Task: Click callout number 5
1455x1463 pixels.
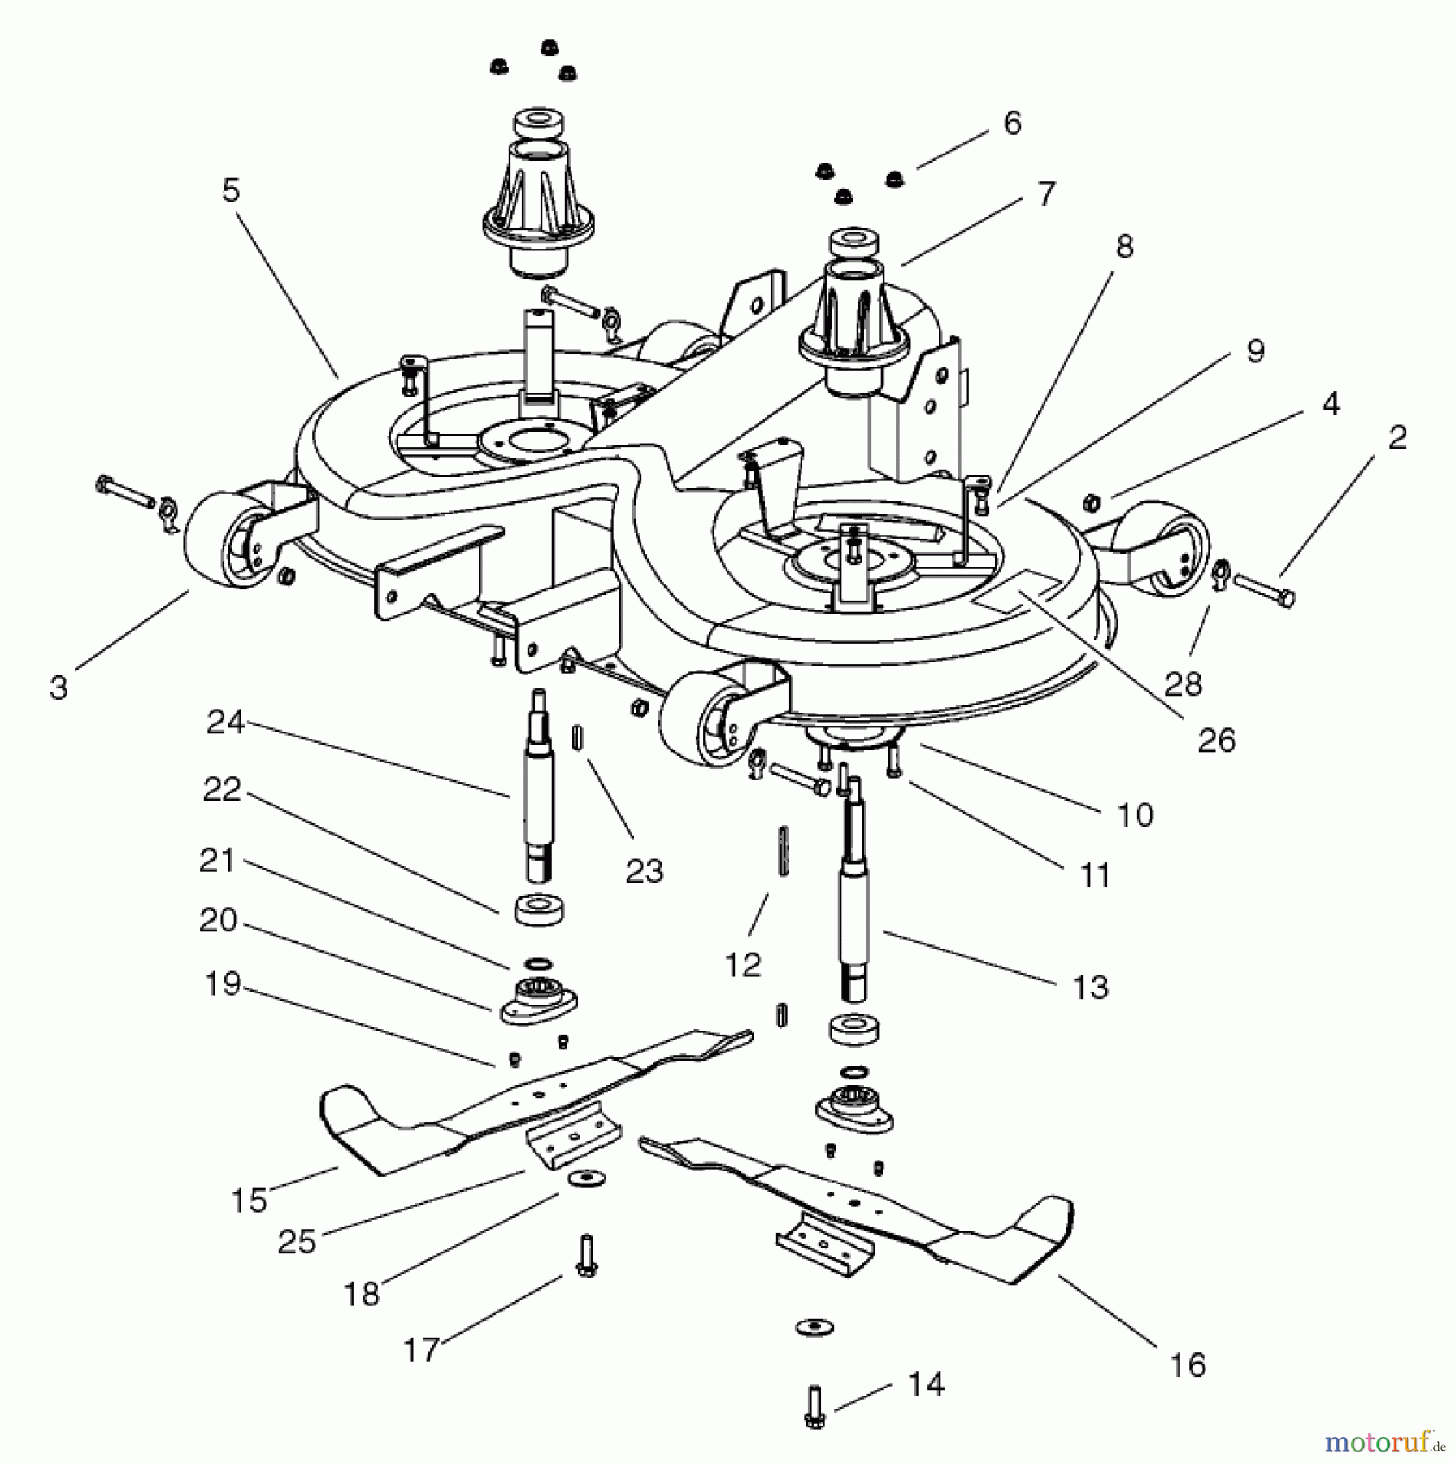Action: pos(232,191)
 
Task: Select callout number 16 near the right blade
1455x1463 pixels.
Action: pos(1188,1365)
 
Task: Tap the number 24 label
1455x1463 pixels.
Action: pos(225,722)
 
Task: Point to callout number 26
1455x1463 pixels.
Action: pos(1216,740)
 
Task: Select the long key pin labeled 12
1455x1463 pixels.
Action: pos(784,851)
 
